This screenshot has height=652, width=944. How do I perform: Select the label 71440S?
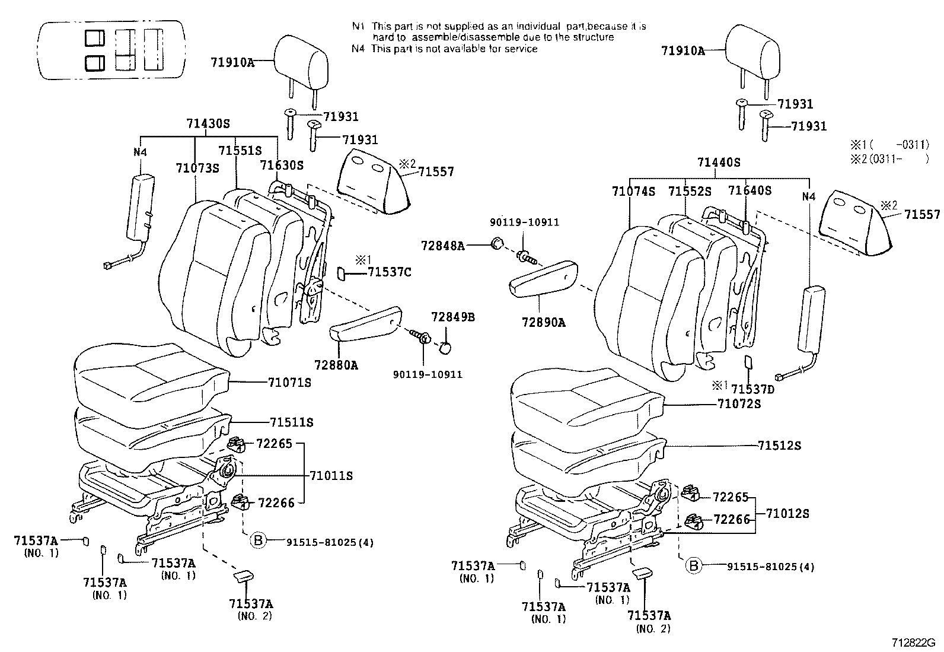[x=719, y=163]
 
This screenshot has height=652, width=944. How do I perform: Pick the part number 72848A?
[x=442, y=245]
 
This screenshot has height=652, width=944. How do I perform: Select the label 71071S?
[x=289, y=383]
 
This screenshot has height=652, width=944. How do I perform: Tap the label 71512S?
[x=779, y=446]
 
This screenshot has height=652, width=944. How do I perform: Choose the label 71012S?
[x=787, y=514]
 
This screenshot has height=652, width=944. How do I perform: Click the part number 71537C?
[x=389, y=272]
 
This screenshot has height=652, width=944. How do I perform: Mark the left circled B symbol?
[x=258, y=540]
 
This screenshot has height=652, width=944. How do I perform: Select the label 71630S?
[x=282, y=165]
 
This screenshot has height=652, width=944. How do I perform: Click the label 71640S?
[x=750, y=191]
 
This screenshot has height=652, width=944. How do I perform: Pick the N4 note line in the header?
[x=444, y=49]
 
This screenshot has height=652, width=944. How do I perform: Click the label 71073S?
[x=197, y=168]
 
